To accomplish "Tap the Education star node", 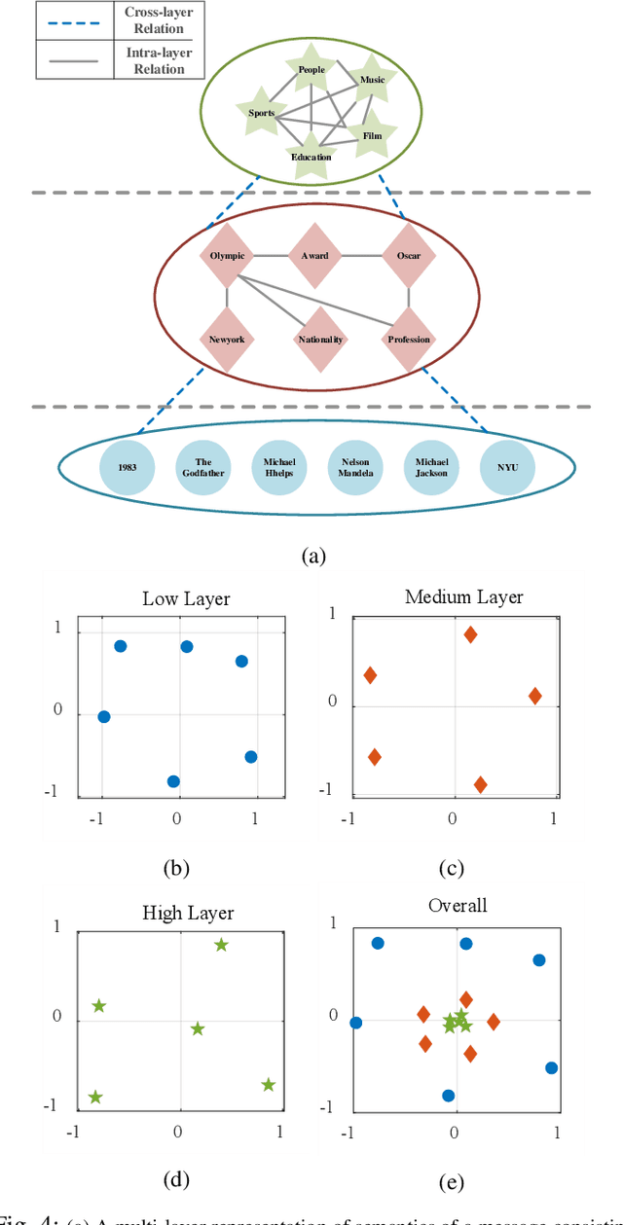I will [311, 156].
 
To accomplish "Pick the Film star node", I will [372, 136].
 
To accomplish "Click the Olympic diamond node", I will [227, 256].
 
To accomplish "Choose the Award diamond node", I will [315, 256].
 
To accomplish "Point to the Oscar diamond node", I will [408, 256].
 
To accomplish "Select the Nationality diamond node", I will [320, 340].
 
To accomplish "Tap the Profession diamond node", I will [408, 340].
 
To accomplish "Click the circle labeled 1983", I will [128, 466].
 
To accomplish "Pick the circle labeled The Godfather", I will [203, 466].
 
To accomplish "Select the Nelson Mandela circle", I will [355, 466].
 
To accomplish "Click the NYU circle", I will [508, 466].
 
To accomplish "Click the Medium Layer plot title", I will [463, 596].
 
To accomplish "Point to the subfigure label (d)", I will [176, 1179].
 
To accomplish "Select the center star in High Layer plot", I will [198, 1028].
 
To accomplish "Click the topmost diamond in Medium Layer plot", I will [470, 634].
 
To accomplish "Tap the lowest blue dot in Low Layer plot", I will [173, 780].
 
